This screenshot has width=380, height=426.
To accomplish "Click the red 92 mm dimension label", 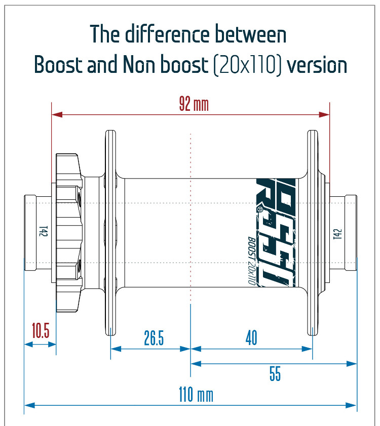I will [x=194, y=105].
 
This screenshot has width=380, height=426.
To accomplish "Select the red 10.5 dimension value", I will [x=41, y=331].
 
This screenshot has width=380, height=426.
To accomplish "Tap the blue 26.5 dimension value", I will [x=154, y=338].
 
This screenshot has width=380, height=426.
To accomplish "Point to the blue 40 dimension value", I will [x=251, y=337].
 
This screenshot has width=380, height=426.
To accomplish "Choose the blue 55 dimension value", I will [x=275, y=374].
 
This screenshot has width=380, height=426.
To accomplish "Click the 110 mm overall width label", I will [x=196, y=395].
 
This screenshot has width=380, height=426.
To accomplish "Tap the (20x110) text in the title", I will [x=248, y=65].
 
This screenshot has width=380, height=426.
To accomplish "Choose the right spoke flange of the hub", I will [x=313, y=233].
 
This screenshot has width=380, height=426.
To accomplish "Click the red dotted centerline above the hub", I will [x=191, y=152].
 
